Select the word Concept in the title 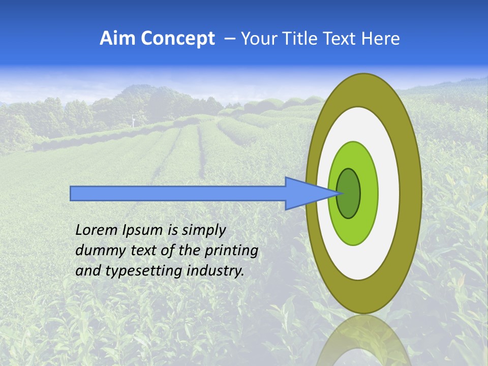(178, 39)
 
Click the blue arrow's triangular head (305, 194)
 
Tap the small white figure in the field (134, 120)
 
